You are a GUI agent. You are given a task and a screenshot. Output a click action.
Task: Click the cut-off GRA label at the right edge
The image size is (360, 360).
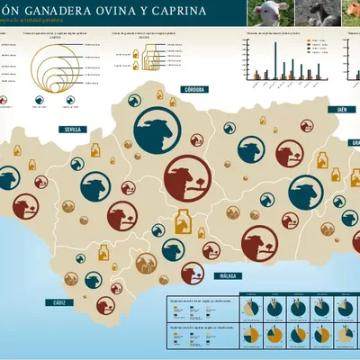point(355,142)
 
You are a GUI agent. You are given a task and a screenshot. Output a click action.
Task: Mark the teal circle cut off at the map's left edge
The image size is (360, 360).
point(6,179)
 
